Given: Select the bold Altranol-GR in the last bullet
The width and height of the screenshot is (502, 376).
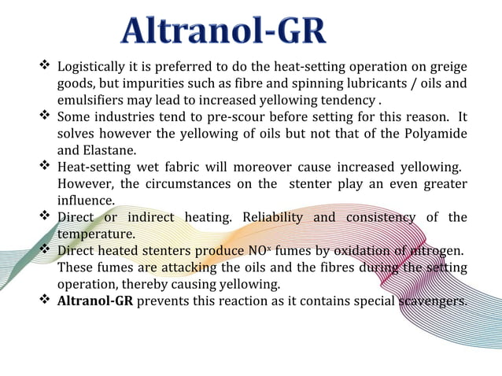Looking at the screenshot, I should pyautogui.click(x=95, y=301).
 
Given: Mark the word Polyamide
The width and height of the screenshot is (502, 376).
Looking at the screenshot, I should pyautogui.click(x=436, y=133).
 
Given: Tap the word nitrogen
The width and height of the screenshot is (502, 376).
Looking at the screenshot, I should pyautogui.click(x=436, y=251).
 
